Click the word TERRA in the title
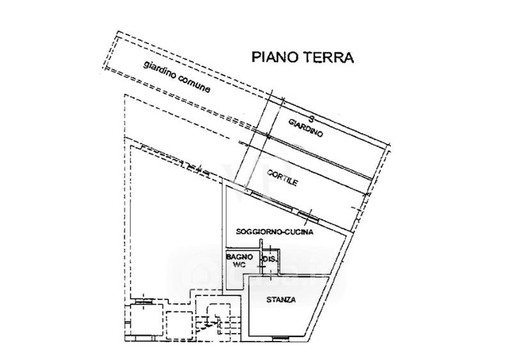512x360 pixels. tap(329, 57)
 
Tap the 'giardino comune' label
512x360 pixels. tap(177, 77)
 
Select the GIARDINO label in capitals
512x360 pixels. tap(306, 129)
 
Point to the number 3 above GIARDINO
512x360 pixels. tap(311, 119)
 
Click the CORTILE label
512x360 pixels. tap(282, 178)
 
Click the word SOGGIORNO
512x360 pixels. tap(259, 231)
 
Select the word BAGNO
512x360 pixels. tap(239, 257)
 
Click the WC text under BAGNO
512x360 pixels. tap(239, 265)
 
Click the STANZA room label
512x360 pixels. tap(281, 300)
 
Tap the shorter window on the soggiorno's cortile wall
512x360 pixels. tap(308, 215)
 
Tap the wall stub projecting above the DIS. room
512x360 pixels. tap(260, 244)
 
